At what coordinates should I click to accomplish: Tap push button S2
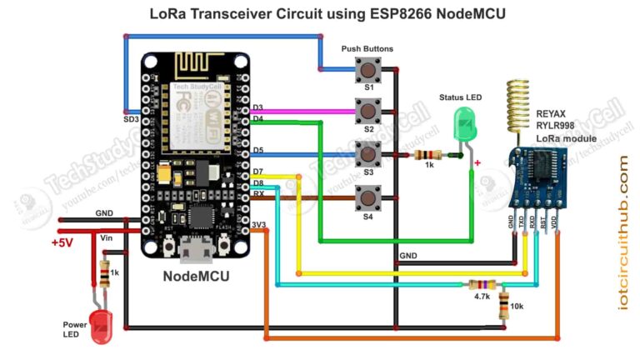tap(367, 110)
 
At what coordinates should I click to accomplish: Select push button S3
tap(367, 154)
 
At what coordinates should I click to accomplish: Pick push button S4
tap(367, 198)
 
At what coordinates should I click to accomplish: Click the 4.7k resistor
tap(482, 284)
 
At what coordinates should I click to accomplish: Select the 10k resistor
tap(503, 307)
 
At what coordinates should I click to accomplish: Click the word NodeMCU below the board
tap(196, 276)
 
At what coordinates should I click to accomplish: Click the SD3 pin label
tap(130, 120)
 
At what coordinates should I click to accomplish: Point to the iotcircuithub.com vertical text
tap(623, 232)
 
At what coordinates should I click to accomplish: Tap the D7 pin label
tap(257, 172)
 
